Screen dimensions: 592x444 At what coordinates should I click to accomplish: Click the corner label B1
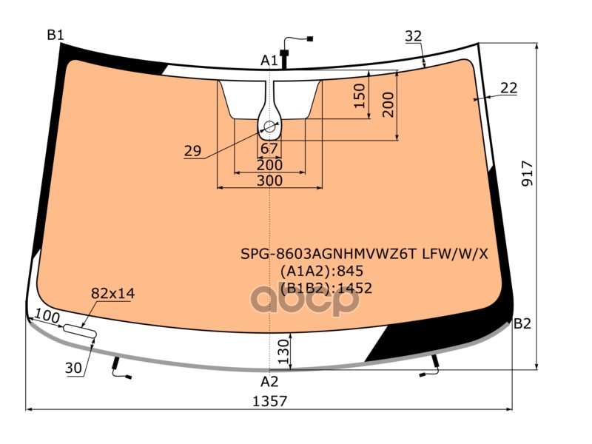55,35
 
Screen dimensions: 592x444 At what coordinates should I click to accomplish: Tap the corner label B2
522,323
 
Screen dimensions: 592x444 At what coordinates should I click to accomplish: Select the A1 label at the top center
269,60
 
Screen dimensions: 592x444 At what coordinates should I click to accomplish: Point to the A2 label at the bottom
269,382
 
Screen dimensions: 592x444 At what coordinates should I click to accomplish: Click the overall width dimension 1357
270,401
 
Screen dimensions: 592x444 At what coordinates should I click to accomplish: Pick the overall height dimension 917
528,173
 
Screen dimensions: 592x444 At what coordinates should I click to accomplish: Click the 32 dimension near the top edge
414,36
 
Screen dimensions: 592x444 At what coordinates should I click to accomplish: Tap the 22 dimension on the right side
508,88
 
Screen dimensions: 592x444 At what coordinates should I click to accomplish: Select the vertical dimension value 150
360,96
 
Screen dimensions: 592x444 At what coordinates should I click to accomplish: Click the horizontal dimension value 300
269,181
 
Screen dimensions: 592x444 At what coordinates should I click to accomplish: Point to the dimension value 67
269,149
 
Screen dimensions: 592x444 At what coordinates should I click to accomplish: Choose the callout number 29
193,151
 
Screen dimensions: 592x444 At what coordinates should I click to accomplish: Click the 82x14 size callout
113,293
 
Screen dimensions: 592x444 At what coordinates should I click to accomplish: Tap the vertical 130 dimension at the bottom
283,351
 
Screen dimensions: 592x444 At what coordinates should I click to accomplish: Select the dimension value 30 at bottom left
73,368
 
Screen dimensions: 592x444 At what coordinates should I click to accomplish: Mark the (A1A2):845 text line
322,271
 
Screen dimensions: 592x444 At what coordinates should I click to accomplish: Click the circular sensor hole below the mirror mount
269,127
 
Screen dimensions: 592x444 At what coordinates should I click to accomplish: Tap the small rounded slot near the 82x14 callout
80,330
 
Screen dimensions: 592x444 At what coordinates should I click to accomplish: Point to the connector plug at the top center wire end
310,38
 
